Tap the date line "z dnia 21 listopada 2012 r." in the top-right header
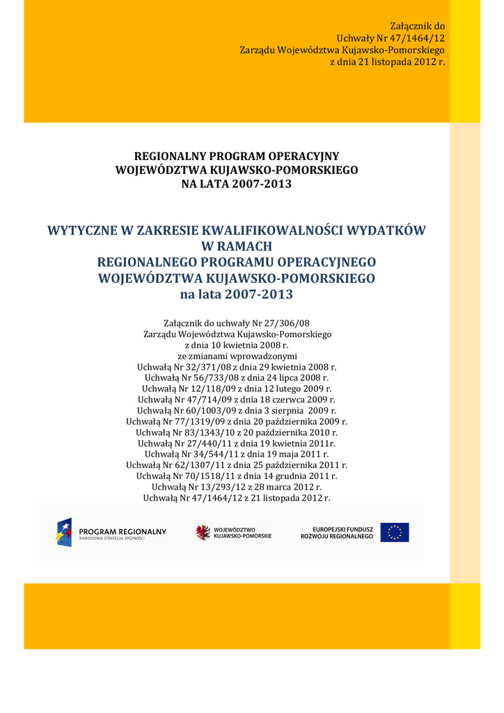[x=386, y=62]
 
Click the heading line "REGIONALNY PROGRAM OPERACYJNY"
[x=237, y=156]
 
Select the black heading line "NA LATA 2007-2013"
[x=237, y=184]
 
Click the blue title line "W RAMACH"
[x=237, y=246]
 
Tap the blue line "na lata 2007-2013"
[x=237, y=294]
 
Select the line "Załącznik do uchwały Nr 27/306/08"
[x=237, y=323]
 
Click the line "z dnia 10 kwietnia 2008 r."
[x=237, y=345]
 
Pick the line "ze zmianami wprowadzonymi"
[x=237, y=356]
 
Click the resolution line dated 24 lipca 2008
[x=237, y=377]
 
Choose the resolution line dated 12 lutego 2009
[x=237, y=389]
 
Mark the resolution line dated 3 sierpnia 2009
[x=237, y=411]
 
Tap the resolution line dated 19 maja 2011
[x=237, y=454]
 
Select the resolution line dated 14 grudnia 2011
[x=237, y=476]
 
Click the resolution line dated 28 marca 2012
[x=237, y=487]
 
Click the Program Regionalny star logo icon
[x=64, y=532]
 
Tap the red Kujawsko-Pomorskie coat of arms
[x=203, y=532]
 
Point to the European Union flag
[x=395, y=532]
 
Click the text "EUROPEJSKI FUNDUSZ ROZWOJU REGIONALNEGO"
[x=337, y=533]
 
